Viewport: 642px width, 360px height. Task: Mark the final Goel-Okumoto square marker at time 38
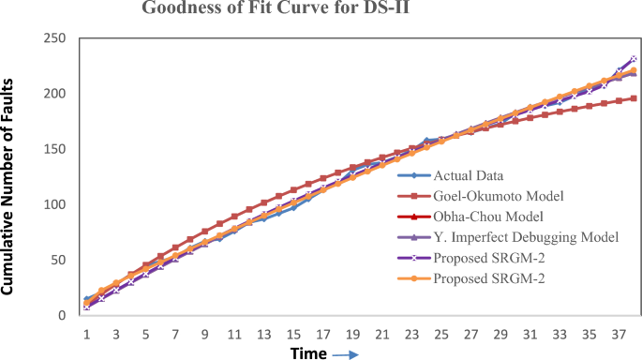pos(634,98)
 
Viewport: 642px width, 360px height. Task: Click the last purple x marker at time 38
pos(634,58)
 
